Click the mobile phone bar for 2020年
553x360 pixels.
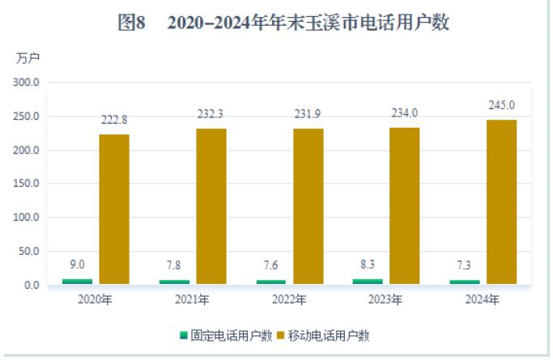pyautogui.click(x=114, y=210)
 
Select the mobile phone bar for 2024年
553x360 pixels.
pyautogui.click(x=501, y=202)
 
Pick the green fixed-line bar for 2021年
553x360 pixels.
pyautogui.click(x=174, y=282)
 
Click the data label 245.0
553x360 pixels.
pyautogui.click(x=501, y=105)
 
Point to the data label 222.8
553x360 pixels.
pyautogui.click(x=113, y=120)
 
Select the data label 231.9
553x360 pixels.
pyautogui.click(x=308, y=113)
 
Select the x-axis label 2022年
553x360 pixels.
pyautogui.click(x=289, y=300)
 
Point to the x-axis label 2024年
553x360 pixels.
pyautogui.click(x=483, y=300)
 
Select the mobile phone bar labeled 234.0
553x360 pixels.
pyautogui.click(x=405, y=206)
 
